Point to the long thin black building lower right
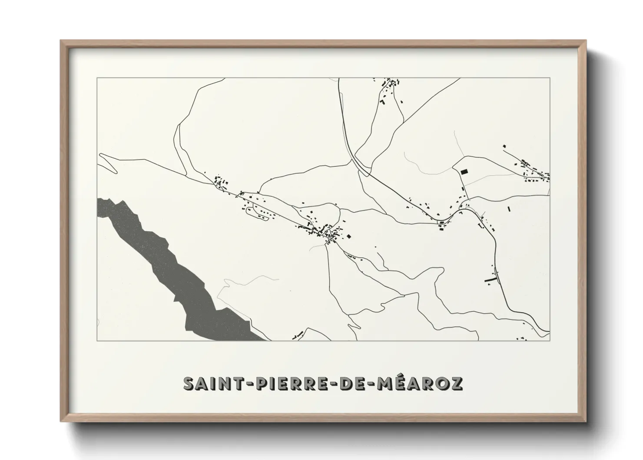pyautogui.click(x=490, y=279)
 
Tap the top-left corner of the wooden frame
pyautogui.click(x=61, y=41)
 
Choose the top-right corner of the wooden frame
pyautogui.click(x=585, y=41)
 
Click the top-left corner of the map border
pyautogui.click(x=97, y=78)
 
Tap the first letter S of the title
pyautogui.click(x=189, y=383)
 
